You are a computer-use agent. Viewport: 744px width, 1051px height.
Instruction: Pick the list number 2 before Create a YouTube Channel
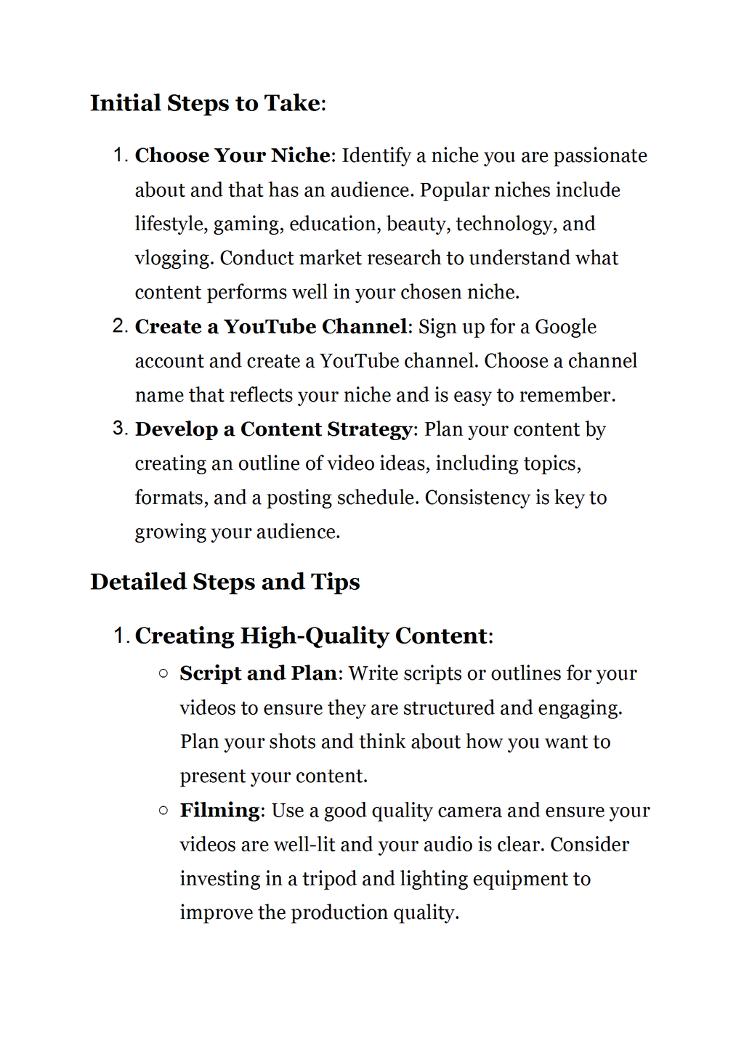(x=121, y=326)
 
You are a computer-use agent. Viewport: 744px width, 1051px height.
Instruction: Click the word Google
(x=565, y=328)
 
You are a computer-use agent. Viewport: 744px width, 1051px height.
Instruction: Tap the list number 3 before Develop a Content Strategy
(x=121, y=429)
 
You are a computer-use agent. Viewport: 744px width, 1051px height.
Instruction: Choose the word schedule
(x=379, y=498)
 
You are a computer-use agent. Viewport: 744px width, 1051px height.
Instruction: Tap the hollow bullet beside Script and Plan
(x=163, y=673)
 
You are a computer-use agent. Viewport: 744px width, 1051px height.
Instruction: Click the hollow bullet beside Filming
(x=163, y=810)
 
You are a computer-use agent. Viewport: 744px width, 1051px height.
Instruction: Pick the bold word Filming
(x=219, y=811)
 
